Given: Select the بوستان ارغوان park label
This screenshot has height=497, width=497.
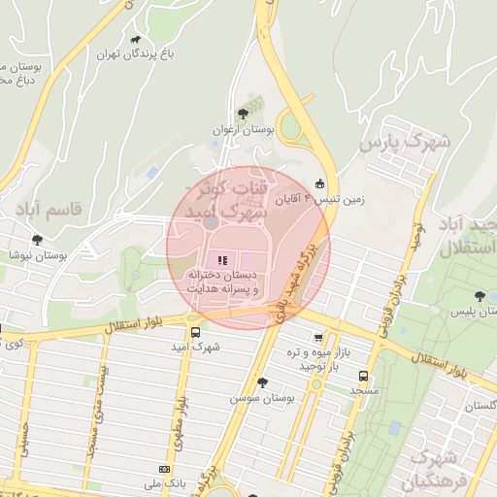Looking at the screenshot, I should [x=243, y=128].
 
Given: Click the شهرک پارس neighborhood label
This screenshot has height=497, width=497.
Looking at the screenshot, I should [x=405, y=143].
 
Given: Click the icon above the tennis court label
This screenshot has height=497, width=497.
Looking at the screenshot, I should [x=319, y=183].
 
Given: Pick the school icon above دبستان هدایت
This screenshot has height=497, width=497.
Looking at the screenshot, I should [x=221, y=260].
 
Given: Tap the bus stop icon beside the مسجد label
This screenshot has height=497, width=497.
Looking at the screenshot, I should [x=363, y=375].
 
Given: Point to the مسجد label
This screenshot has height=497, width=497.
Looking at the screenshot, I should [x=363, y=389].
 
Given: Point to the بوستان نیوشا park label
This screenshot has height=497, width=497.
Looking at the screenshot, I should [x=36, y=254].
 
